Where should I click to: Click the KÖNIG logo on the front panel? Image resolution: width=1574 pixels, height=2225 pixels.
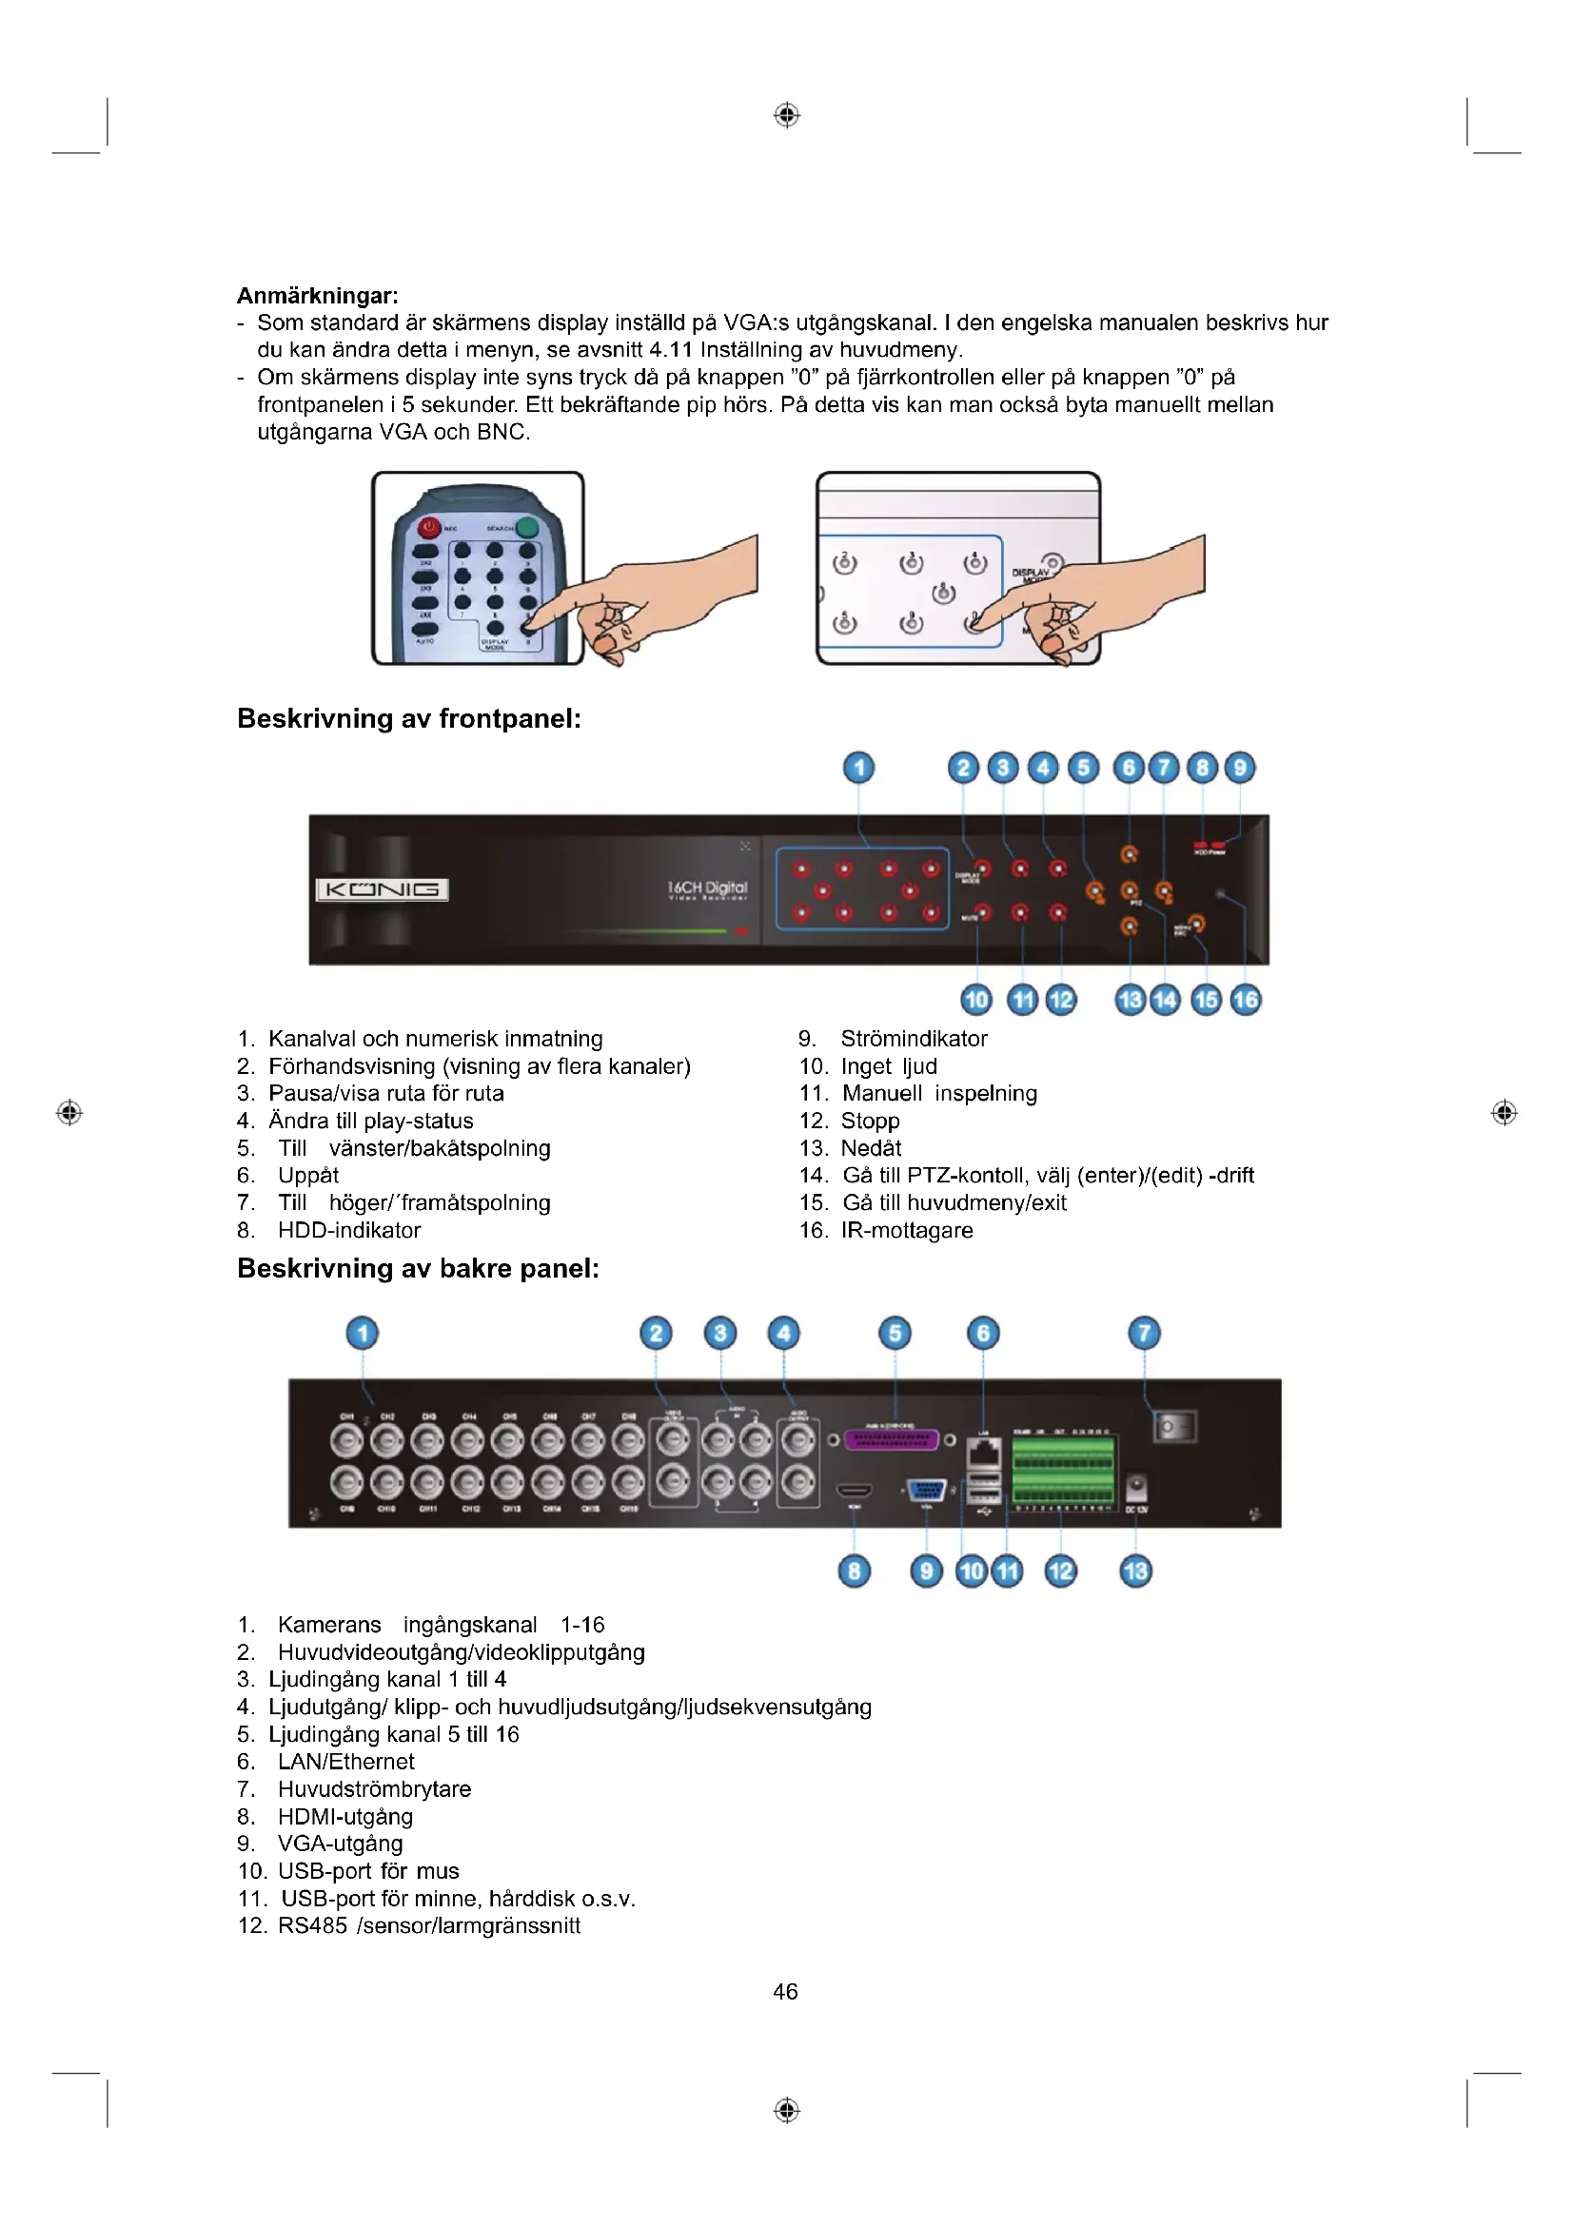pyautogui.click(x=382, y=889)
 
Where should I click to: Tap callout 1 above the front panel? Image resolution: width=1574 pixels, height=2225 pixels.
pyautogui.click(x=858, y=768)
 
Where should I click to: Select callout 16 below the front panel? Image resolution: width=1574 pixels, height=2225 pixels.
pyautogui.click(x=1246, y=999)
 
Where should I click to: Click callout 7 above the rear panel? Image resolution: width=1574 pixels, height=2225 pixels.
pyautogui.click(x=1144, y=1333)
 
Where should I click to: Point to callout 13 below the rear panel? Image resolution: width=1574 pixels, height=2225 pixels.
pyautogui.click(x=1135, y=1570)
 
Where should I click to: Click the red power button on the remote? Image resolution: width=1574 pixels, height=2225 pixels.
pyautogui.click(x=429, y=528)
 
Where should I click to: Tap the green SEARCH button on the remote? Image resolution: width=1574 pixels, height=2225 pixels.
pyautogui.click(x=527, y=528)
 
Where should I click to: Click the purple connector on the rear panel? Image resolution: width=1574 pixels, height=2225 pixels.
pyautogui.click(x=892, y=1439)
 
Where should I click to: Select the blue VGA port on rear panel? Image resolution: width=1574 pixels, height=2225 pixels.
pyautogui.click(x=926, y=1491)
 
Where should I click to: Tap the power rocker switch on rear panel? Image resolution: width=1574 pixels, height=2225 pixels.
pyautogui.click(x=1174, y=1427)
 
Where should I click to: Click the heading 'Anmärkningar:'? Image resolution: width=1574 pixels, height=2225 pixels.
pyautogui.click(x=317, y=296)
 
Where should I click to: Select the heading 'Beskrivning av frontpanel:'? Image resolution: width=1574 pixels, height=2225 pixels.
pyautogui.click(x=409, y=719)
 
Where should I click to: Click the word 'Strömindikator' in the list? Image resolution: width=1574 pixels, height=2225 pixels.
pyautogui.click(x=914, y=1039)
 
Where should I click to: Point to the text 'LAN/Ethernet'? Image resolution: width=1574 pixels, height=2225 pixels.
pyautogui.click(x=346, y=1762)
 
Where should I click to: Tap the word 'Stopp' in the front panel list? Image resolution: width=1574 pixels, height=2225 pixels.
pyautogui.click(x=871, y=1122)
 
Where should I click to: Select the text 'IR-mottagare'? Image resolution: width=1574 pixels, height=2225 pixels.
pyautogui.click(x=907, y=1231)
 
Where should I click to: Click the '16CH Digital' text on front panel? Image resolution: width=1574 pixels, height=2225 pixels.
pyautogui.click(x=707, y=888)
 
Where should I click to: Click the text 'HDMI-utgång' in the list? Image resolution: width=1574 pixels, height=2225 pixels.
pyautogui.click(x=345, y=1816)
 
